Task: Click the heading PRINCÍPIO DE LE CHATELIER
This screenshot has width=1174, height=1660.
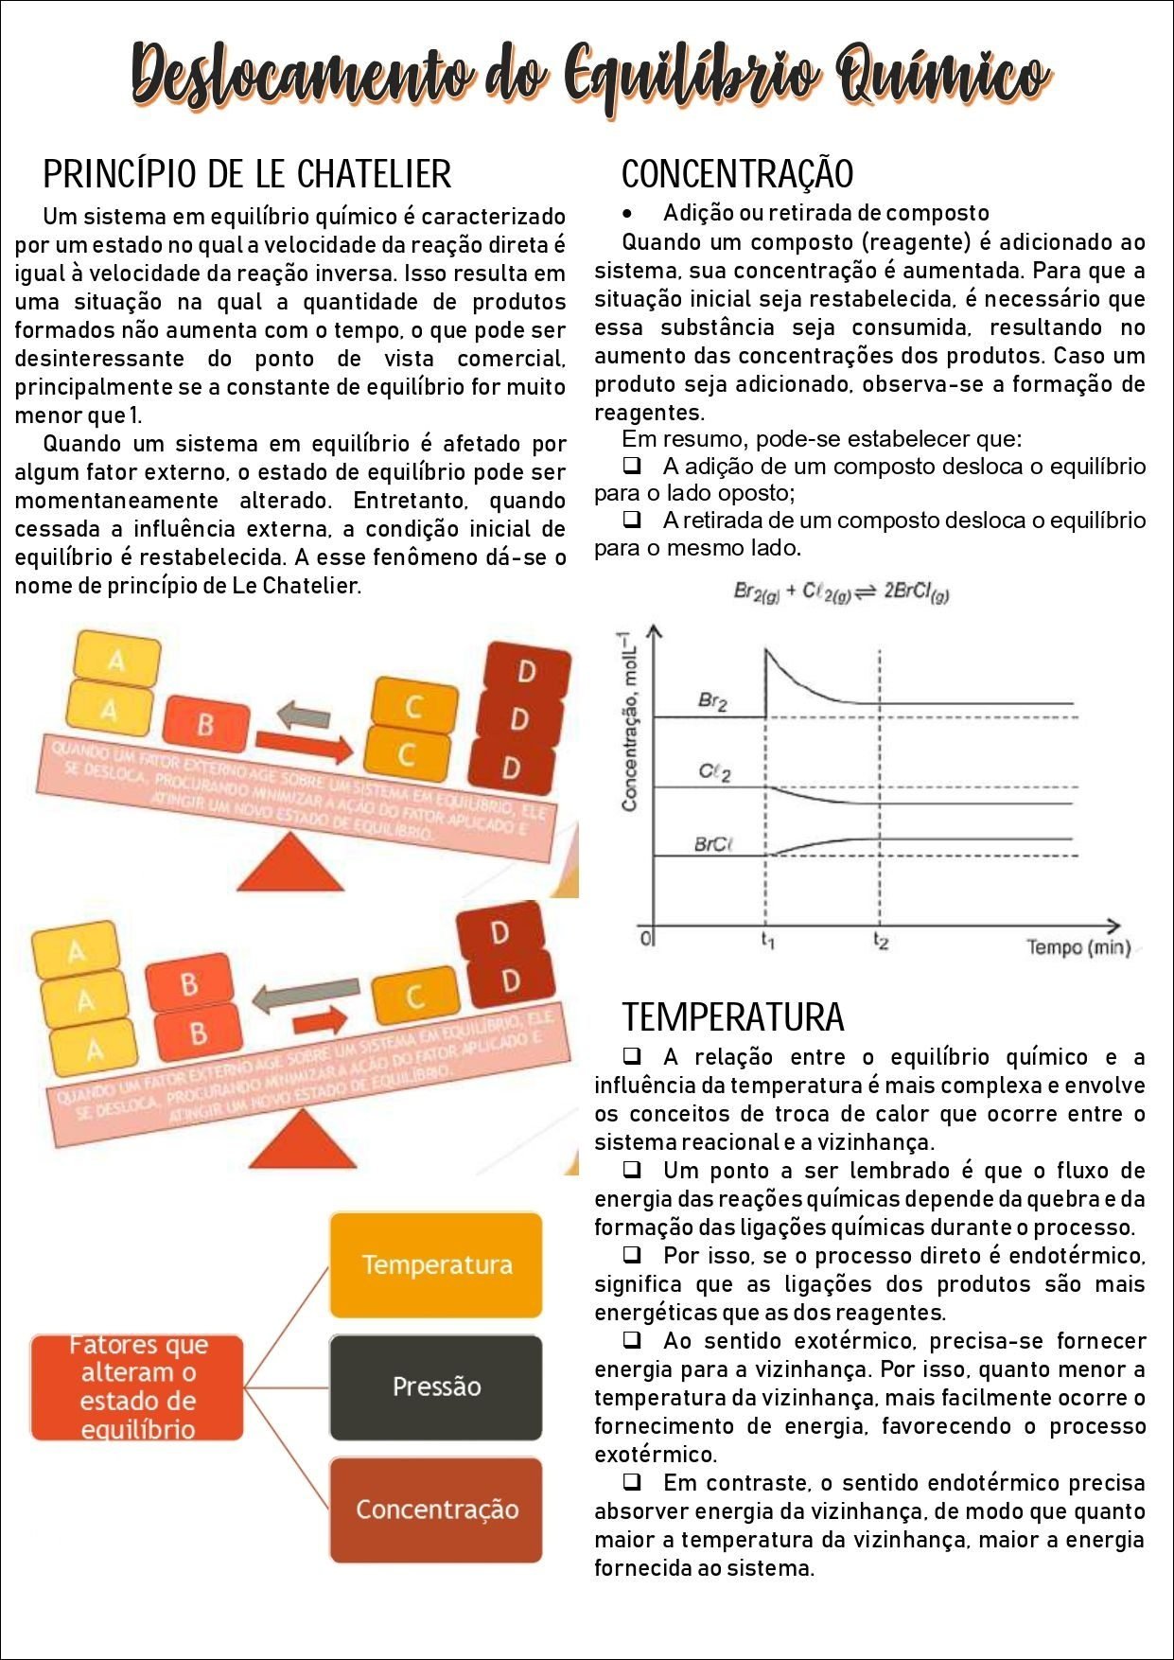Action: point(247,174)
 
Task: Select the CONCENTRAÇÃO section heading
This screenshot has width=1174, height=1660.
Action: point(737,174)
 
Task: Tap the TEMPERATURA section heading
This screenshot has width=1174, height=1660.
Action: point(732,1017)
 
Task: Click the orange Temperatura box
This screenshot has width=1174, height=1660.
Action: point(436,1265)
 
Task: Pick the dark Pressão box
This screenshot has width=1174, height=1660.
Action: point(436,1386)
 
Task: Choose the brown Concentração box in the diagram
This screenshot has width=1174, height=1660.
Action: point(436,1510)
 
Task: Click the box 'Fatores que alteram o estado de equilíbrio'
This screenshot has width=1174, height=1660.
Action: point(137,1387)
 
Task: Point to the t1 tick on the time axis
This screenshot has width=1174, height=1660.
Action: point(768,942)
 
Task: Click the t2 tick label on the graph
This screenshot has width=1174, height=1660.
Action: point(881,942)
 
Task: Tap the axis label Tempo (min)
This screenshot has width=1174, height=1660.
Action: point(1078,947)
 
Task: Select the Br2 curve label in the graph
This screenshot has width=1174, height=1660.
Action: point(712,701)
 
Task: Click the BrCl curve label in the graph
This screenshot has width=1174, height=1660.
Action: point(714,844)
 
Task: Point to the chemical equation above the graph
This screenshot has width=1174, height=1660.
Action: point(841,592)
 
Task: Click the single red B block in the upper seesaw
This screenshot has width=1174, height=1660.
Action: point(205,724)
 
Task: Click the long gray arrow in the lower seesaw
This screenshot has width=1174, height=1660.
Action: point(306,996)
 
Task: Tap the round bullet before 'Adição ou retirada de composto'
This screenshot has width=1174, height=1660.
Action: point(627,214)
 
